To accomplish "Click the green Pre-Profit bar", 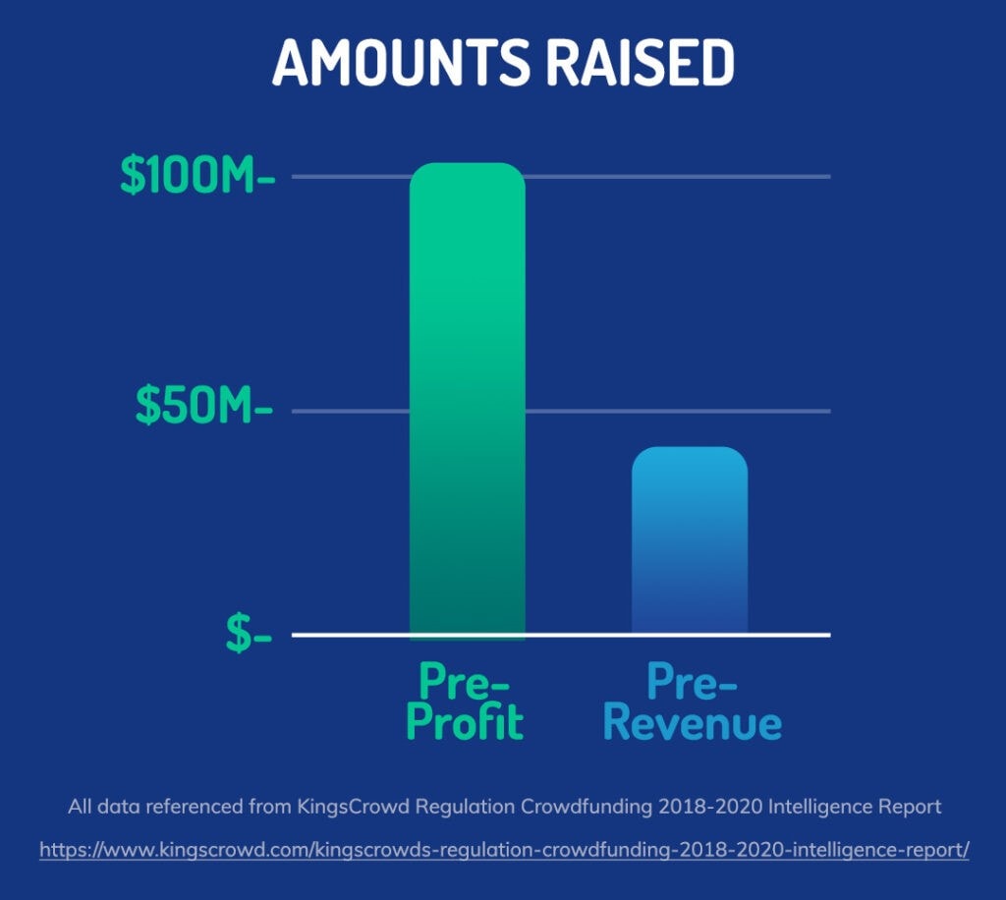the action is [467, 401].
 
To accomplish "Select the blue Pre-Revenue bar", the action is [690, 540].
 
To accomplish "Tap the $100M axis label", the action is [197, 175].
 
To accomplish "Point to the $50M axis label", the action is [204, 406].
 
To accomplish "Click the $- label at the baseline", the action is [249, 633].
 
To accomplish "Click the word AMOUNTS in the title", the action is [402, 62].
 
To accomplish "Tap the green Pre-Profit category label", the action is [465, 702].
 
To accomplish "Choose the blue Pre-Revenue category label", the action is [693, 702].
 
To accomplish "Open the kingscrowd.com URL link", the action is [504, 850].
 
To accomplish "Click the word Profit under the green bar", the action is [465, 721].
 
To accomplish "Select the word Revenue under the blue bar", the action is [693, 722].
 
